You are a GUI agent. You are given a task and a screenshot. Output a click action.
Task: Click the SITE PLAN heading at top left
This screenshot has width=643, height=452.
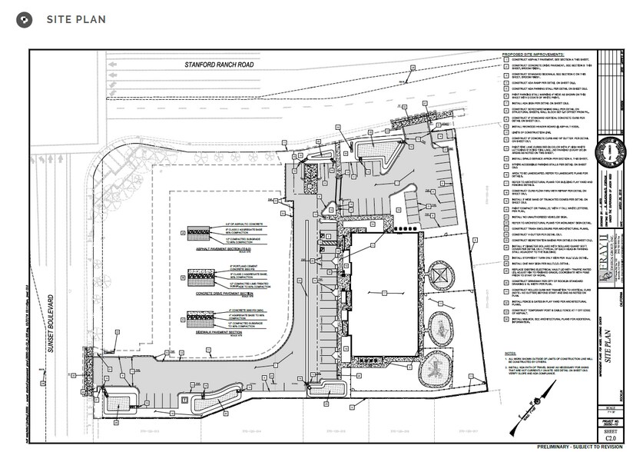[75, 19]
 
